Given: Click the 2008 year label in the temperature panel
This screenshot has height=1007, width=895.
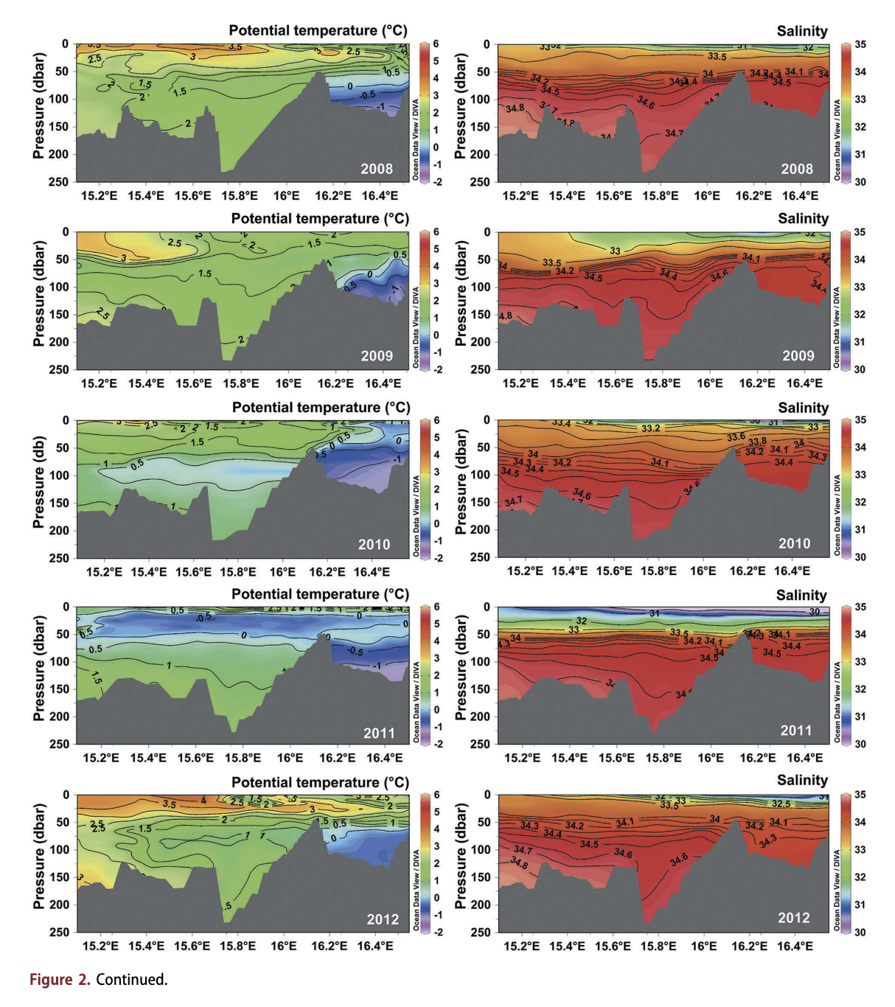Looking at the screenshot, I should click(377, 169).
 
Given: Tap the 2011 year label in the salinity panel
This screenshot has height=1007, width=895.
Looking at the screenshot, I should click(796, 731).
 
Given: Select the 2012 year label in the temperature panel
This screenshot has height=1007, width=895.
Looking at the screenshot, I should click(383, 919).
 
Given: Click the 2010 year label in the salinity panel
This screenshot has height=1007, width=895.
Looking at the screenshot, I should click(795, 543).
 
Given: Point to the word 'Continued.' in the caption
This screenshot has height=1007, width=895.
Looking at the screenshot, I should click(132, 979).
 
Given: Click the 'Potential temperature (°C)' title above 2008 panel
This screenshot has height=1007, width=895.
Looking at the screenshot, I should click(318, 30).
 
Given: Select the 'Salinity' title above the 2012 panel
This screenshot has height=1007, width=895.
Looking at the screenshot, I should click(802, 780).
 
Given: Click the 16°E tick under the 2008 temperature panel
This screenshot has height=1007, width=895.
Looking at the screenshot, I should click(287, 195).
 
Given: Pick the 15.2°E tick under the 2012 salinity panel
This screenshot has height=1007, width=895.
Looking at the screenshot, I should click(522, 946).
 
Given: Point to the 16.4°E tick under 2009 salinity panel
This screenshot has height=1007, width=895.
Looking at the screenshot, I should click(804, 383).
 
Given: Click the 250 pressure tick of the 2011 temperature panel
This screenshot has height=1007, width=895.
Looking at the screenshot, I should click(60, 744).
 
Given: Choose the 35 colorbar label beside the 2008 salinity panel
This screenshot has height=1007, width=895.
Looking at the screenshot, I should click(860, 44).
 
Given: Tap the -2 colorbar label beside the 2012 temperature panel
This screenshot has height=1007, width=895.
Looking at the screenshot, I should click(437, 932).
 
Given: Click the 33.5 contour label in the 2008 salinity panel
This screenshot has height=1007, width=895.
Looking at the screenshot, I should click(717, 57).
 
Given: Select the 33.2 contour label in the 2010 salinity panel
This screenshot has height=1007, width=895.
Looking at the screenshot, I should click(651, 428).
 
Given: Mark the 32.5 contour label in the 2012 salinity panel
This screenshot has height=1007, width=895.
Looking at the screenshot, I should click(781, 804).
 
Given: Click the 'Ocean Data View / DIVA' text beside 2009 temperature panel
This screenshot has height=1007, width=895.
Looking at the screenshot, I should click(416, 327).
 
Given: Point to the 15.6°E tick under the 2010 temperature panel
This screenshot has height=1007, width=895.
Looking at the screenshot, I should click(194, 571).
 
